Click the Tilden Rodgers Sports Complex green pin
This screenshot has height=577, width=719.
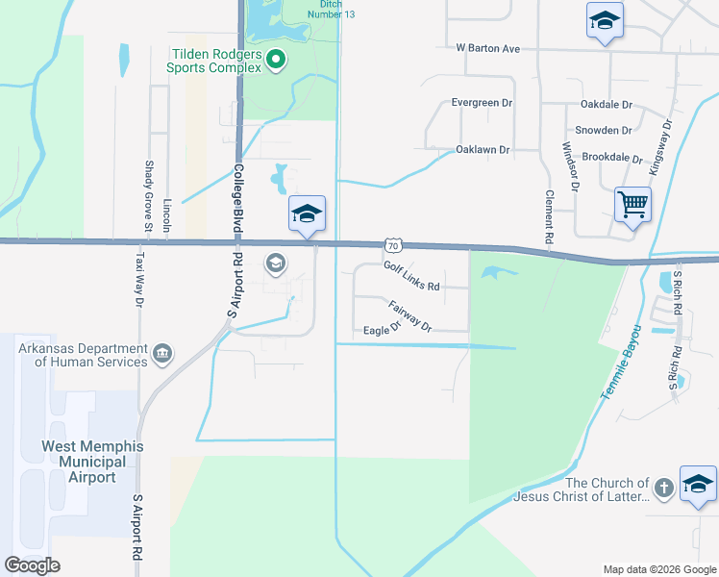point(276,61)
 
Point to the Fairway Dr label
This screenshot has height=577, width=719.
point(410,316)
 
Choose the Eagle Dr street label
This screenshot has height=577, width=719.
point(382,330)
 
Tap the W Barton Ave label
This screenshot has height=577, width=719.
point(487,48)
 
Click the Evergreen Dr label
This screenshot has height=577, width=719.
point(482,102)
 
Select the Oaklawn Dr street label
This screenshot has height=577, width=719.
point(483,150)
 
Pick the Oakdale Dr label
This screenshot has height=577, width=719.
point(606,104)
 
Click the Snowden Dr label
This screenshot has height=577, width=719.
point(603,130)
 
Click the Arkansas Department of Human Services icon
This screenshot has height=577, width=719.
point(162,355)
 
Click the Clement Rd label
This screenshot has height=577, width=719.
point(550,215)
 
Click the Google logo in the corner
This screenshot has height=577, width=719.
point(33,565)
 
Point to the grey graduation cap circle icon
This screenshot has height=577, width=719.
point(275,263)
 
